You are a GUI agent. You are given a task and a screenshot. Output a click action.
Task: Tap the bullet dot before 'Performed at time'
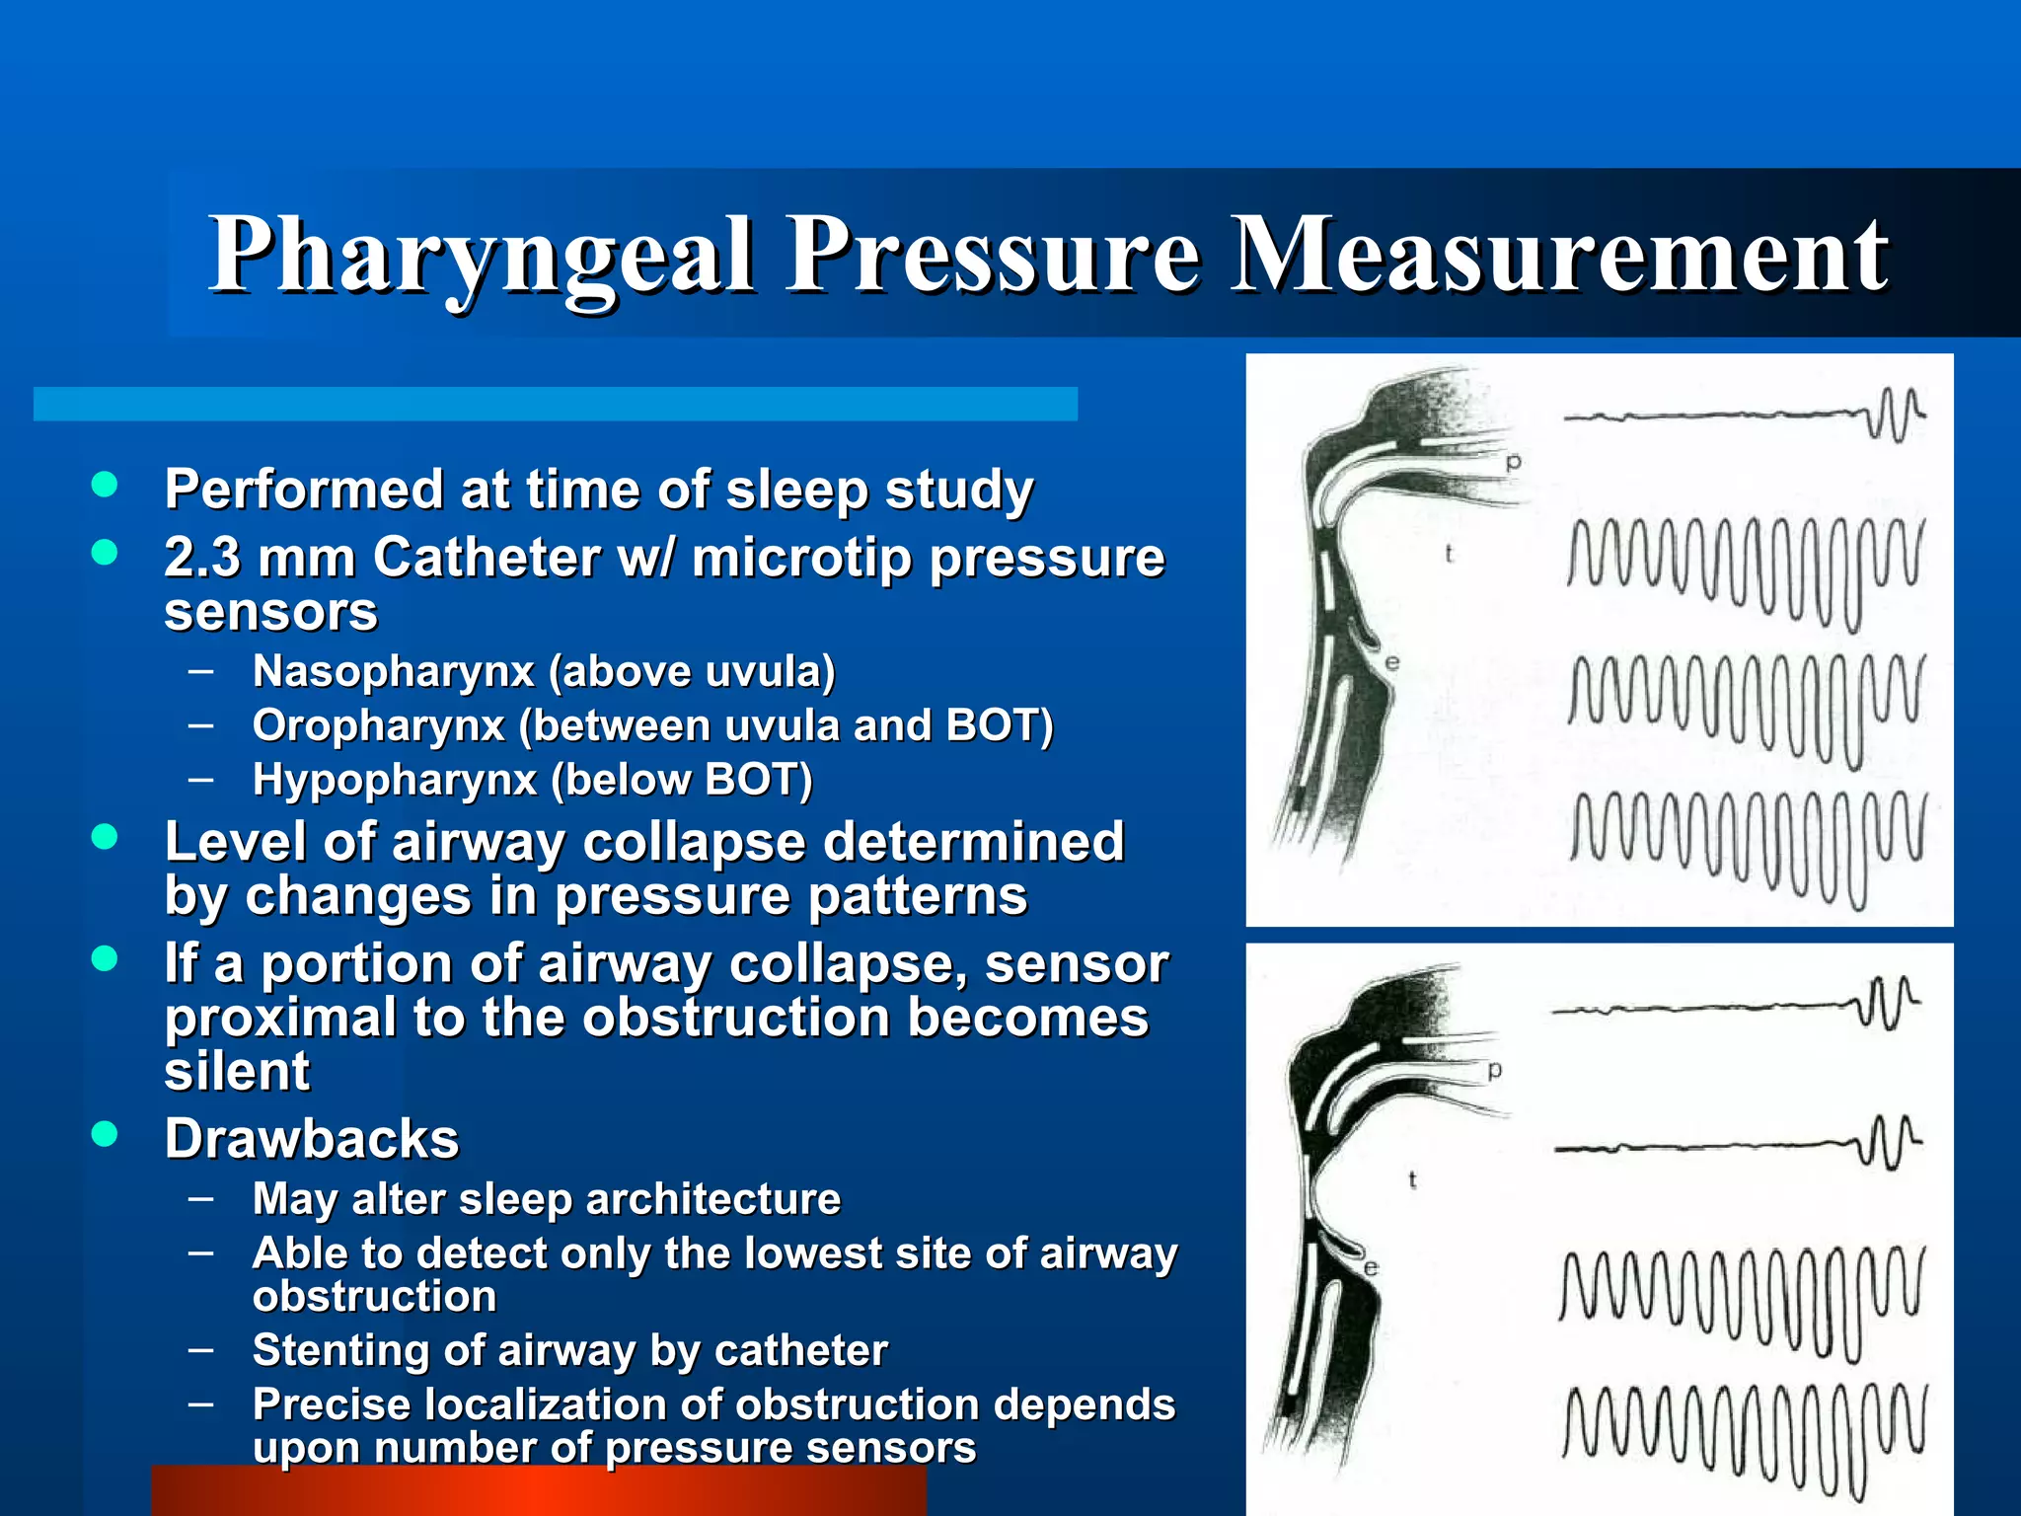pyautogui.click(x=104, y=484)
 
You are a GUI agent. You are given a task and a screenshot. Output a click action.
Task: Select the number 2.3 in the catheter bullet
pyautogui.click(x=201, y=557)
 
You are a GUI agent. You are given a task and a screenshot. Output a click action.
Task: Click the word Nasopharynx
pyautogui.click(x=393, y=672)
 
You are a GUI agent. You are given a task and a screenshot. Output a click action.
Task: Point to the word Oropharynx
pyautogui.click(x=379, y=726)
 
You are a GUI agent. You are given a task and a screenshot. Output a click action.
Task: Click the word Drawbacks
pyautogui.click(x=312, y=1139)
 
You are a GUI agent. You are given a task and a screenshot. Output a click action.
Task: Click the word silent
pyautogui.click(x=237, y=1072)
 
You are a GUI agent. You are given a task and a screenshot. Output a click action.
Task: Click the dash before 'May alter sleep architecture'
pyautogui.click(x=201, y=1198)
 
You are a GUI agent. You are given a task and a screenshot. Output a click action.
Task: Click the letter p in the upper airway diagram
pyautogui.click(x=1514, y=462)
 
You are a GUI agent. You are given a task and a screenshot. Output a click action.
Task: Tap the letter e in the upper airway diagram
pyautogui.click(x=1391, y=662)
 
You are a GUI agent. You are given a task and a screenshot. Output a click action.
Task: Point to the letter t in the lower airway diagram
pyautogui.click(x=1413, y=1178)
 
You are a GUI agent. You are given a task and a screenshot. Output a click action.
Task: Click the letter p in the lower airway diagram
pyautogui.click(x=1495, y=1070)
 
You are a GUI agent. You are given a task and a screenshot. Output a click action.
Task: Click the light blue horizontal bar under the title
pyautogui.click(x=555, y=404)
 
